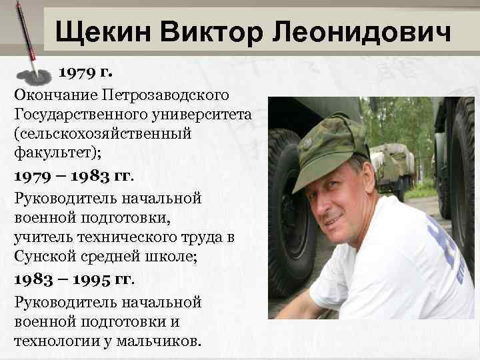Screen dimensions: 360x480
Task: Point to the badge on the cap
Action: tap(307, 143)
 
